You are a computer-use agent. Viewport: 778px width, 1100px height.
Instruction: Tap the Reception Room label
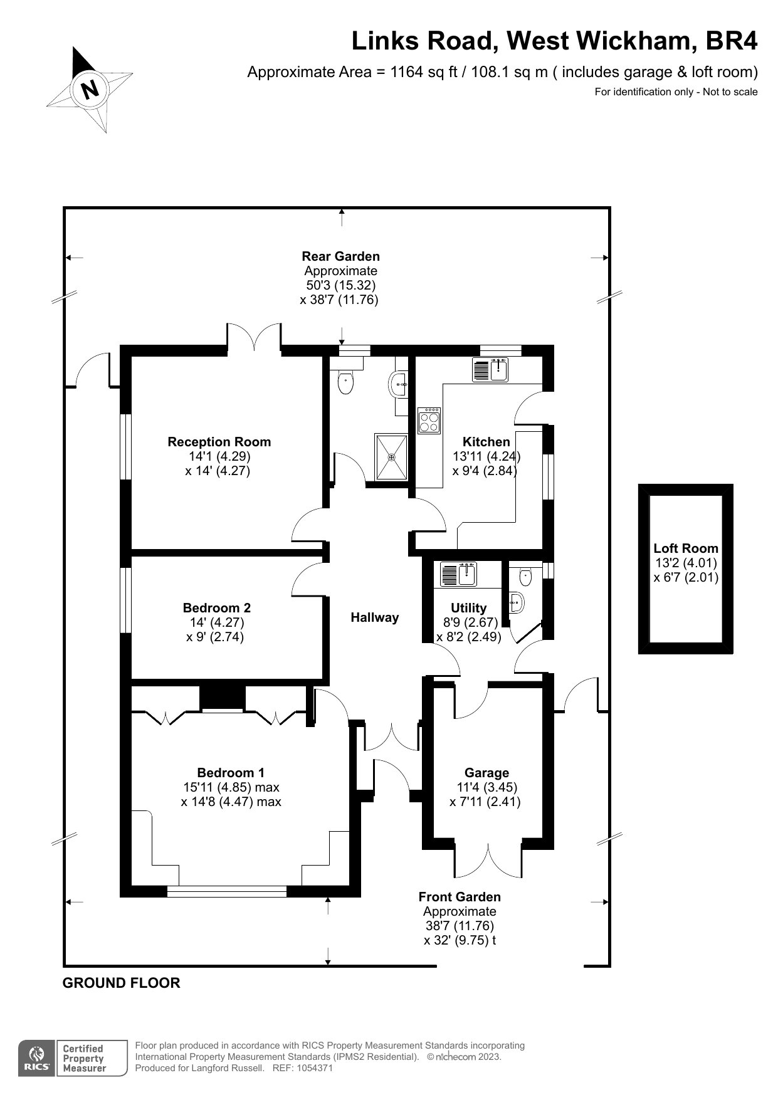[219, 442]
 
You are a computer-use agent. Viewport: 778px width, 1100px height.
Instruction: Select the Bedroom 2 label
[216, 607]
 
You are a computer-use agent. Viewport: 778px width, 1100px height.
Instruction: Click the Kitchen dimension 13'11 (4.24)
[486, 456]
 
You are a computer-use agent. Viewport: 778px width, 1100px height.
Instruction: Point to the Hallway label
[374, 617]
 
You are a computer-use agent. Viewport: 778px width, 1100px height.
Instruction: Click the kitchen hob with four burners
[430, 420]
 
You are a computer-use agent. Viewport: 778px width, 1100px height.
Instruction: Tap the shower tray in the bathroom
[391, 456]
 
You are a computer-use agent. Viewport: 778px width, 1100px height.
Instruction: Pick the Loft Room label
[685, 548]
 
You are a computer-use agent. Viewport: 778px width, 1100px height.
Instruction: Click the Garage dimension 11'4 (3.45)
[486, 787]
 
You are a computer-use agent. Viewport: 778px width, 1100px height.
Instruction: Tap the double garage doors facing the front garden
[488, 860]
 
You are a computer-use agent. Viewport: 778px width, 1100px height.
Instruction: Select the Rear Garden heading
[340, 256]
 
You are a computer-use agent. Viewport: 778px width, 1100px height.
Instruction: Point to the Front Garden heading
[460, 897]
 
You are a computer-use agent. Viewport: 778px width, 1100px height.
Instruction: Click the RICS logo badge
[36, 1059]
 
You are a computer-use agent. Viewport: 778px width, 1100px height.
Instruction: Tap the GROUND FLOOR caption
[121, 983]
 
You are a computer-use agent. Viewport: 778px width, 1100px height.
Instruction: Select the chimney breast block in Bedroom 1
[222, 698]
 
